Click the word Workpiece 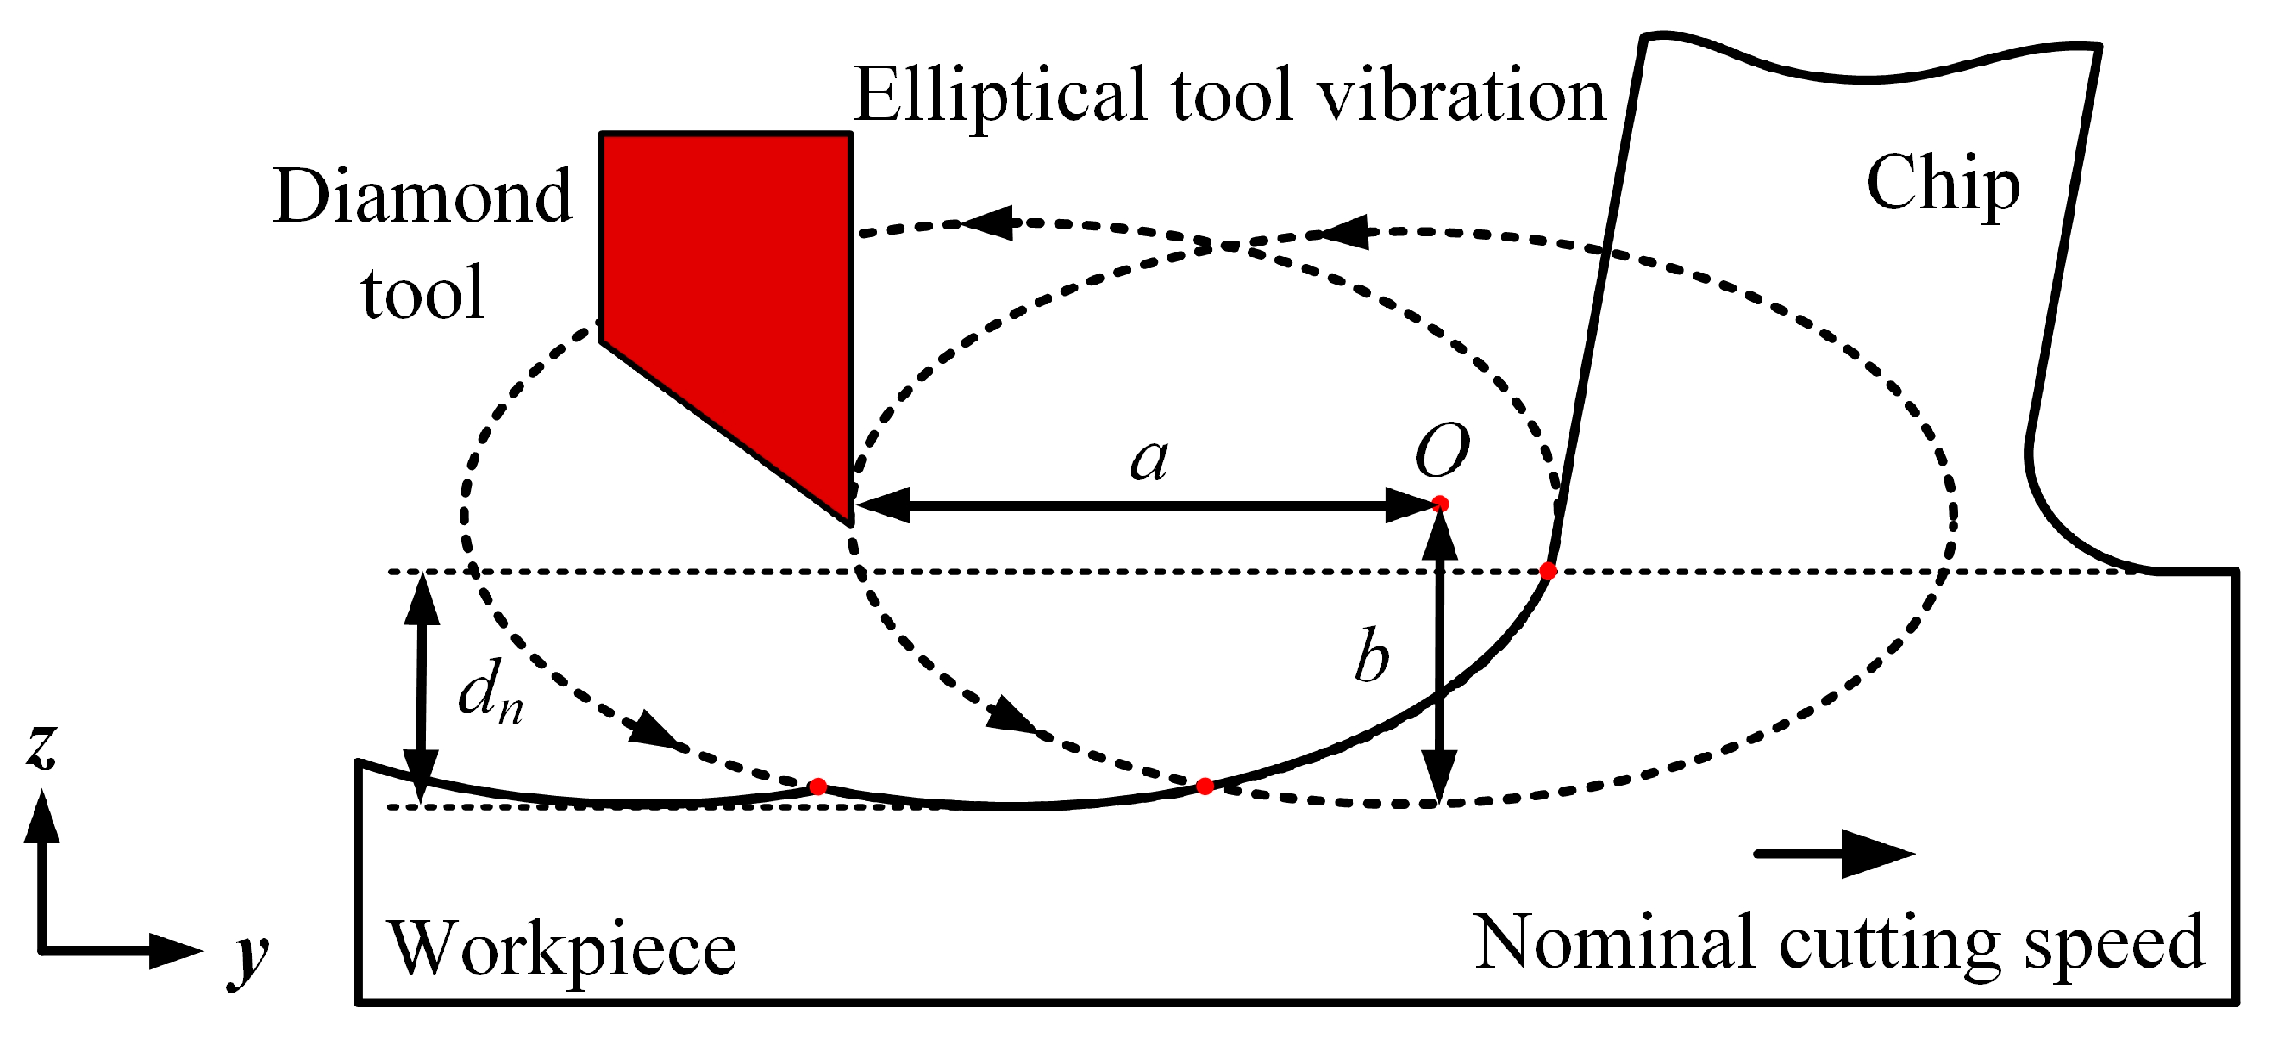coord(563,949)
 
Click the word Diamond coord(422,196)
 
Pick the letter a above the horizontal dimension coord(1149,460)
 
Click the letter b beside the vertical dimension coord(1371,658)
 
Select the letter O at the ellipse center coord(1441,451)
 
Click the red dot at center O coord(1440,504)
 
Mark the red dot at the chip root coord(1547,571)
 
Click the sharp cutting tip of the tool coord(850,521)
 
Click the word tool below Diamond coord(422,293)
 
